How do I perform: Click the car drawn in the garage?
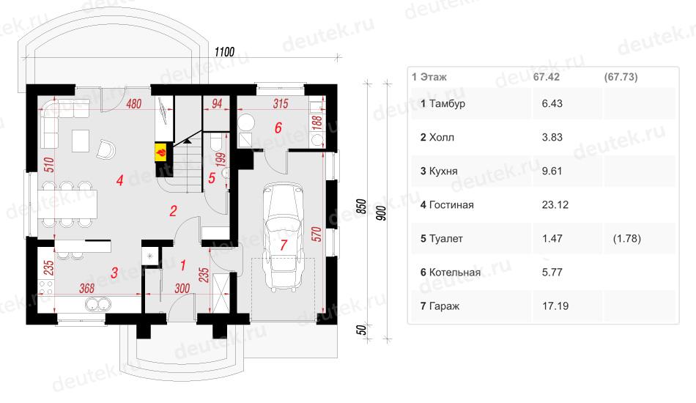pos(284,238)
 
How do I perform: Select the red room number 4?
pos(120,180)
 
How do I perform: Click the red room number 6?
pos(278,127)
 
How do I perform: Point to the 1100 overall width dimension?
pos(224,52)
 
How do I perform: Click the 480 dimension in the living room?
pos(133,104)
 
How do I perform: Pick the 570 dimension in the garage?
pos(316,234)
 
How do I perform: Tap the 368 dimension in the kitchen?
pos(86,289)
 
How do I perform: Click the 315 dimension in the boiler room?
pos(281,104)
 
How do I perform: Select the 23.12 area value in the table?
pos(555,204)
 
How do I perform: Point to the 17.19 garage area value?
pos(555,306)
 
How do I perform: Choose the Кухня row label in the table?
pos(443,171)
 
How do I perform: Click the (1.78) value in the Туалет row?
pos(626,238)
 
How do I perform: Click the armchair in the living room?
pos(106,149)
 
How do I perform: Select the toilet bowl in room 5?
pos(215,142)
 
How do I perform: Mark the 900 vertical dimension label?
pos(381,213)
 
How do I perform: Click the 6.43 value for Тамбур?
pos(552,103)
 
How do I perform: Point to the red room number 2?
pos(173,211)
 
